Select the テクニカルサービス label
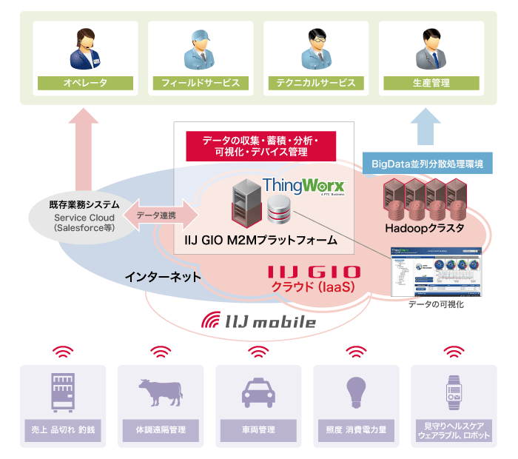coord(316,83)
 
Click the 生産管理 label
coord(431,83)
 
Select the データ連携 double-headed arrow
coord(161,214)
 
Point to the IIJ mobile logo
coord(259,321)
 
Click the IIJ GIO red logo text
coord(314,272)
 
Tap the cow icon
coord(160,391)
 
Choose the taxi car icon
coord(258,391)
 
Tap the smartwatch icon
coord(454,391)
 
